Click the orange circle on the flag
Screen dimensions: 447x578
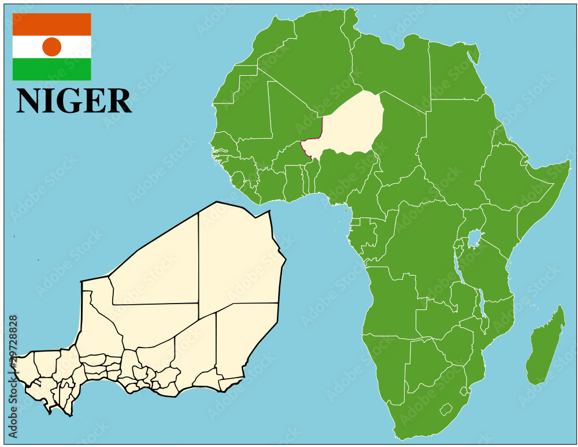(52, 47)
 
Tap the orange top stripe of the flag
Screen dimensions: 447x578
(52, 24)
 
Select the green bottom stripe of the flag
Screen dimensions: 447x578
(52, 69)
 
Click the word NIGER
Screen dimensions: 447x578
(74, 101)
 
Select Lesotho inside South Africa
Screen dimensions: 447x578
(445, 410)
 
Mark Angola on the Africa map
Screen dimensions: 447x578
(393, 301)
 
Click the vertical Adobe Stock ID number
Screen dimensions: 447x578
(13, 376)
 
